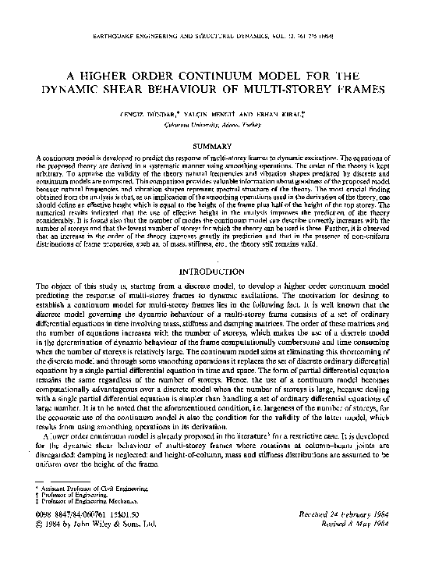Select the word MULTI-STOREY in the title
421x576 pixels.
click(274, 90)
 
